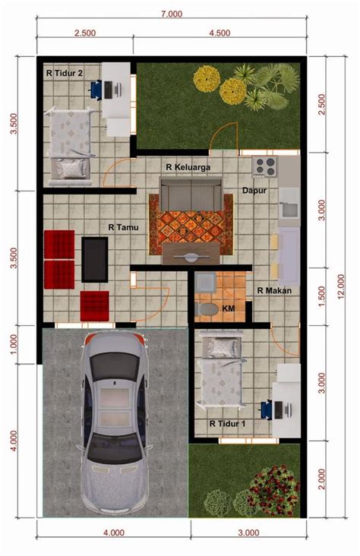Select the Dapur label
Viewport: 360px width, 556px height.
pyautogui.click(x=254, y=191)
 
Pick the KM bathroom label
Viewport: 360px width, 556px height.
pyautogui.click(x=228, y=308)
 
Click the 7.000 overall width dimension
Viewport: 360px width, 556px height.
pyautogui.click(x=172, y=14)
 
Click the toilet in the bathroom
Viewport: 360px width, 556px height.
pyautogui.click(x=205, y=309)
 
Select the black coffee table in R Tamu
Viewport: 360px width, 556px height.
pyautogui.click(x=94, y=259)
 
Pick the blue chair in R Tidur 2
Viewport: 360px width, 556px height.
pyautogui.click(x=98, y=89)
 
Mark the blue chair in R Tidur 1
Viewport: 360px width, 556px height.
pyautogui.click(x=268, y=409)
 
